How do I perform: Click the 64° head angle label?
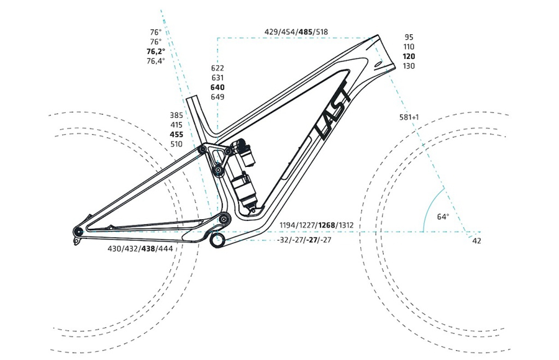[443, 217]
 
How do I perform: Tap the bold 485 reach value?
[306, 32]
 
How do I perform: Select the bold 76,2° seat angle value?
[156, 52]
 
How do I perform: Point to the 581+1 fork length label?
[409, 117]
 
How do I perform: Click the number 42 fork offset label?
[476, 241]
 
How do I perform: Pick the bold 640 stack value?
[217, 88]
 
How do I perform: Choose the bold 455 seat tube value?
[176, 134]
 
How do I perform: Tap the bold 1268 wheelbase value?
[327, 225]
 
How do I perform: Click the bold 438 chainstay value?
[148, 248]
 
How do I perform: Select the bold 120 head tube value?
[409, 56]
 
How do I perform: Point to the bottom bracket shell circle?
[217, 240]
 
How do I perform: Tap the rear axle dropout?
[78, 231]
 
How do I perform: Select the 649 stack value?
[217, 97]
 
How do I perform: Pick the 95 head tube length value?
[409, 37]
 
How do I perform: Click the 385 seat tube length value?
[176, 115]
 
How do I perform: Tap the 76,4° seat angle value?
[156, 61]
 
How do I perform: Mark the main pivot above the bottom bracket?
[224, 218]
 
